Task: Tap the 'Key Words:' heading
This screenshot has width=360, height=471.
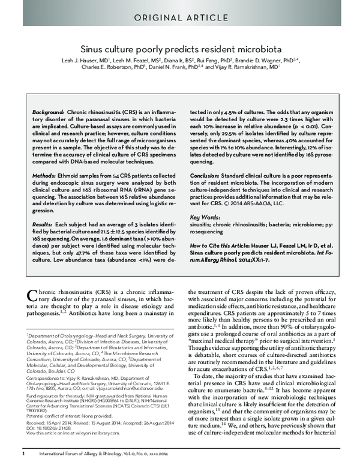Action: pyautogui.click(x=202, y=216)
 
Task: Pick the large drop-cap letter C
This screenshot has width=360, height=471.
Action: pyautogui.click(x=34, y=296)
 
